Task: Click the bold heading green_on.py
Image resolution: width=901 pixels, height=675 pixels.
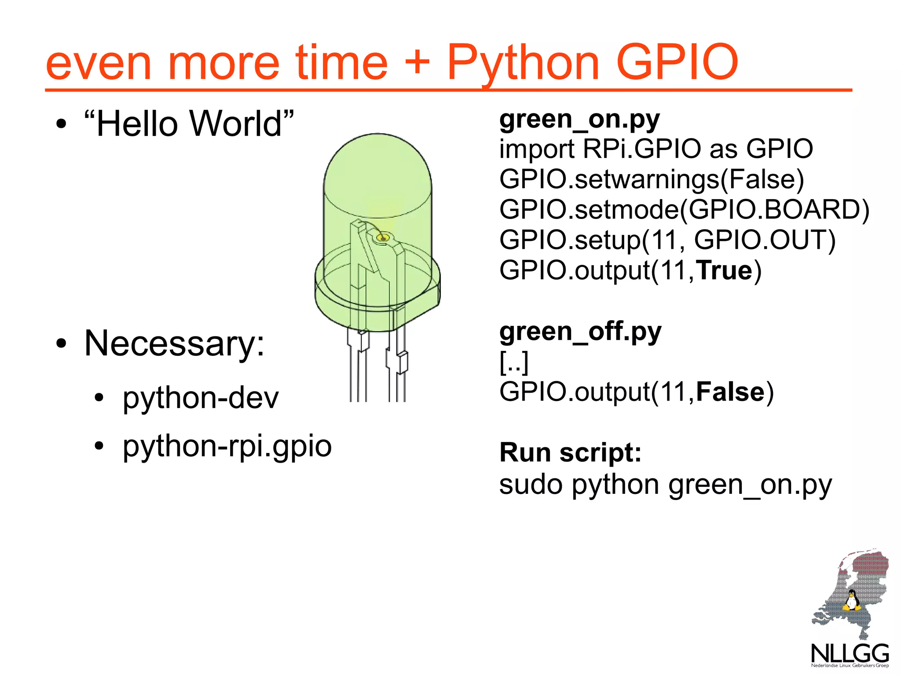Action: [x=579, y=119]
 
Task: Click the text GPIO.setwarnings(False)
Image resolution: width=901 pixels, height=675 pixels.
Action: [x=652, y=179]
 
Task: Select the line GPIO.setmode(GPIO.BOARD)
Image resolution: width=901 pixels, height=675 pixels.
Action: [x=684, y=209]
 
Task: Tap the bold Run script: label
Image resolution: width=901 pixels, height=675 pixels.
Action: [x=571, y=452]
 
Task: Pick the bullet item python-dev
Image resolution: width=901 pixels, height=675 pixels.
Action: [x=201, y=398]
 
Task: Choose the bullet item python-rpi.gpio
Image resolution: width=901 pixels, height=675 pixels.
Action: [x=227, y=446]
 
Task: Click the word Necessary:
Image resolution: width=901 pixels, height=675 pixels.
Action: [x=175, y=343]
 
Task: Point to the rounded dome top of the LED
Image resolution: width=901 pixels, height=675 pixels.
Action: [x=377, y=163]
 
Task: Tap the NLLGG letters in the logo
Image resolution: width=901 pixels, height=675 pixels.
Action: [x=849, y=654]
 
